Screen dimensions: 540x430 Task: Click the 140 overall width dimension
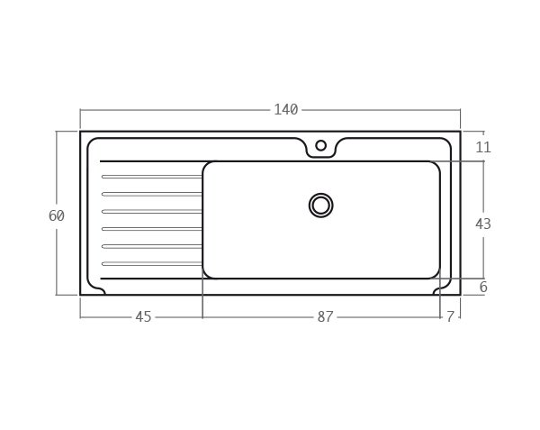tap(286, 110)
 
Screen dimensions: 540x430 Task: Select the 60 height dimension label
tap(57, 215)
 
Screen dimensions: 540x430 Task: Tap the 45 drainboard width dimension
tap(143, 316)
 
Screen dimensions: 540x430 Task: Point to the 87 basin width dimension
tap(325, 316)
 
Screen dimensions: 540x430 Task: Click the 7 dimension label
tap(451, 316)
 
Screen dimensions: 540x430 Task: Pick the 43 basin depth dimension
tap(482, 224)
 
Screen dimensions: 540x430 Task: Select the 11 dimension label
tap(482, 147)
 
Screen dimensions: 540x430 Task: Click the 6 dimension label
tap(483, 287)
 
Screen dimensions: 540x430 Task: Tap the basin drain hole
tap(321, 206)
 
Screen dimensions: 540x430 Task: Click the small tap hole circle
tap(321, 145)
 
